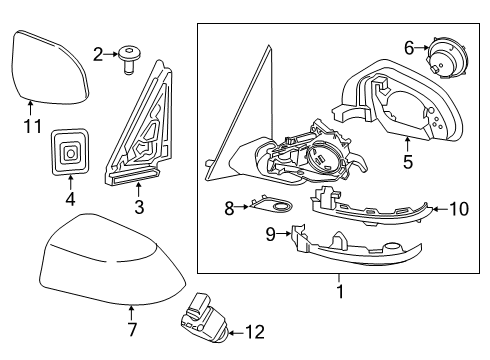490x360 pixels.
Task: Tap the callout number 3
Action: pyautogui.click(x=139, y=207)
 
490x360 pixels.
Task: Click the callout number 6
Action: pyautogui.click(x=409, y=46)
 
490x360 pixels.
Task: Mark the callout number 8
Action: pyautogui.click(x=228, y=209)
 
